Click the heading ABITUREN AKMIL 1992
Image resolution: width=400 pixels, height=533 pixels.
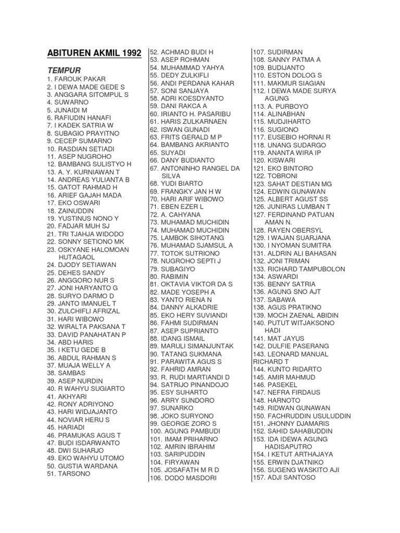(x=94, y=53)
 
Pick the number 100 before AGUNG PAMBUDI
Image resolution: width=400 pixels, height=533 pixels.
(x=156, y=432)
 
